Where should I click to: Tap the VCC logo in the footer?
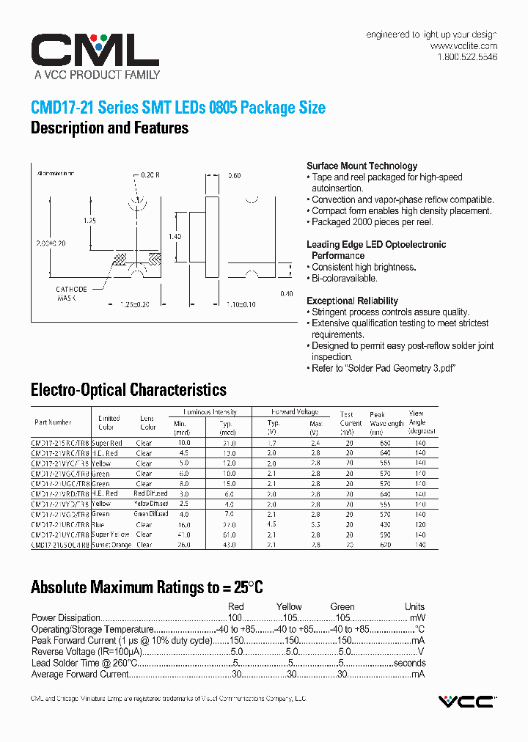[466, 702]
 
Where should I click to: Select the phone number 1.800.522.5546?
[467, 57]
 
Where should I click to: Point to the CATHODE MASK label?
[71, 293]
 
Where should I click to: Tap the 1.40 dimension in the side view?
[175, 236]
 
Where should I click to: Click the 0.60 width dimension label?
[234, 176]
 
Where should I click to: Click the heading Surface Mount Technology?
[362, 166]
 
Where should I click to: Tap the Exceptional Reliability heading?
[352, 301]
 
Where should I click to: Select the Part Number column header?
[53, 422]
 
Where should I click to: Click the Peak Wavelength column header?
[386, 419]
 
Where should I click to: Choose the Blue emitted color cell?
[100, 525]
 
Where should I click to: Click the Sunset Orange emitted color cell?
[111, 545]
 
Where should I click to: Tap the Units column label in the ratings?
[414, 607]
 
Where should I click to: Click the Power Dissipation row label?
[65, 618]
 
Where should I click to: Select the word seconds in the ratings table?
[409, 663]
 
